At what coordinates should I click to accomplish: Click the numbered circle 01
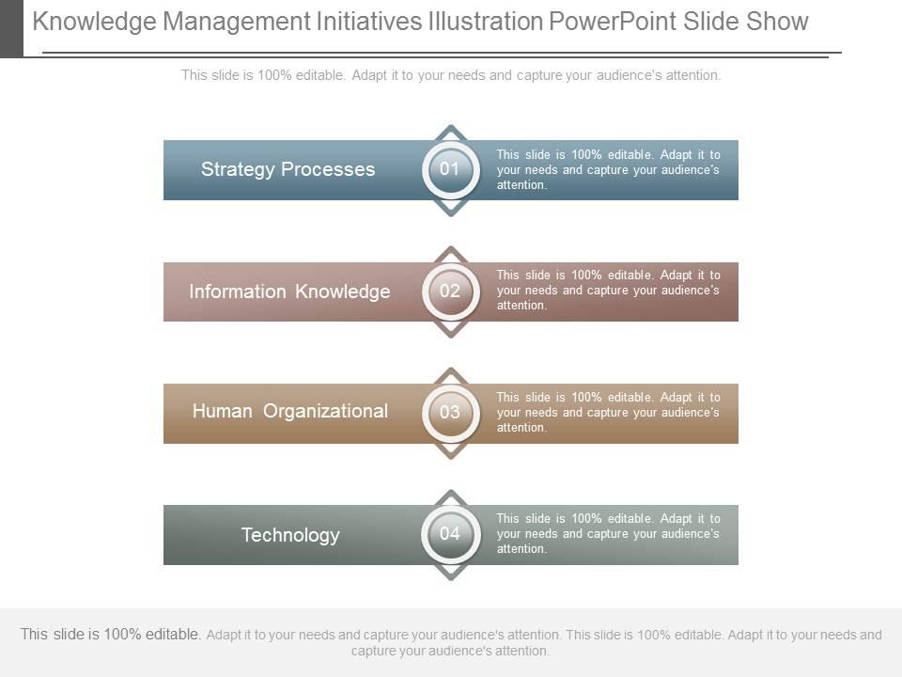(450, 169)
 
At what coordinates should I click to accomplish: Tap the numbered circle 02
(450, 291)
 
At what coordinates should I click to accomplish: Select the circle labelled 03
(450, 412)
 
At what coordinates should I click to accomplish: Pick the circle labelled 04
(450, 533)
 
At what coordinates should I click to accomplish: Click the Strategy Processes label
(288, 169)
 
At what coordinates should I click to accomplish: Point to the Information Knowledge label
(289, 291)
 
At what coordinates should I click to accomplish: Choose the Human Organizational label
(289, 411)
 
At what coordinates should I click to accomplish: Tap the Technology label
(290, 535)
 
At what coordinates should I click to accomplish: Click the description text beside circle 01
(608, 169)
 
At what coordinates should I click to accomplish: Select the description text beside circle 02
(608, 290)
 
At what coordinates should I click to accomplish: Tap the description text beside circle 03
(608, 412)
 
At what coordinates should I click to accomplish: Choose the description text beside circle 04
(608, 533)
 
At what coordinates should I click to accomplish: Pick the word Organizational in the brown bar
(325, 411)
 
